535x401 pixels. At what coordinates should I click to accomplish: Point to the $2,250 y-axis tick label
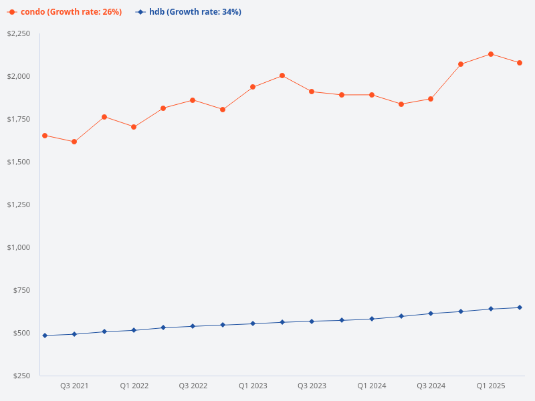[x=19, y=33]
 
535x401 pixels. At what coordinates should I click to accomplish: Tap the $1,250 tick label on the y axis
[x=19, y=205]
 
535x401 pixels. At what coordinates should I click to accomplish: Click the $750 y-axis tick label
[x=23, y=290]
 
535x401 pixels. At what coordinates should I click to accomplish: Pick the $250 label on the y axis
[x=23, y=376]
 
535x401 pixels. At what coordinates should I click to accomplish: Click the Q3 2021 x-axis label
[x=74, y=386]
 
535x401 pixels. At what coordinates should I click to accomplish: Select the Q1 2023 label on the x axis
[x=253, y=386]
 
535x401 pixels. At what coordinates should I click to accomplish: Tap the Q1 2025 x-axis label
[x=491, y=386]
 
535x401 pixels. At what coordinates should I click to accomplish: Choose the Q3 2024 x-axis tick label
[x=431, y=386]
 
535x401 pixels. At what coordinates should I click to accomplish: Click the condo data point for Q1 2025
[x=491, y=54]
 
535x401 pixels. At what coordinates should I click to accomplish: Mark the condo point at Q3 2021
[x=74, y=142]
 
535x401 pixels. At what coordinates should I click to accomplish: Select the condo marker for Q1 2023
[x=253, y=87]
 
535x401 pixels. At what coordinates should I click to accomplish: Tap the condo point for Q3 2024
[x=431, y=99]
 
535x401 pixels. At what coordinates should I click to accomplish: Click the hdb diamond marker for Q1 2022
[x=134, y=330]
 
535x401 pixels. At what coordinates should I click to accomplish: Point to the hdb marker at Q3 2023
[x=312, y=321]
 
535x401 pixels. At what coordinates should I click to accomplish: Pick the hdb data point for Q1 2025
[x=491, y=309]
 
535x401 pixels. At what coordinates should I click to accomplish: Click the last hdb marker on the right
[x=520, y=307]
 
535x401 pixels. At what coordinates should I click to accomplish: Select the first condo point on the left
[x=45, y=136]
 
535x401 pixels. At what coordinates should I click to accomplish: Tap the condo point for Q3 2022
[x=193, y=100]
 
